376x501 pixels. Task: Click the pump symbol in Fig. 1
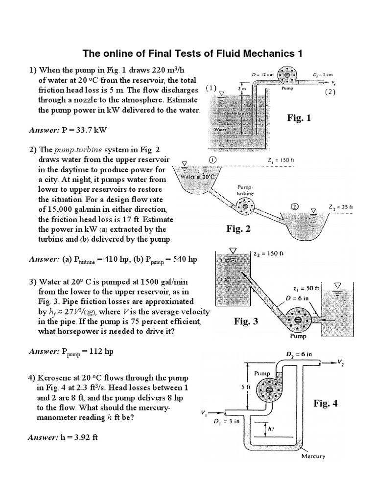[286, 75]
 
